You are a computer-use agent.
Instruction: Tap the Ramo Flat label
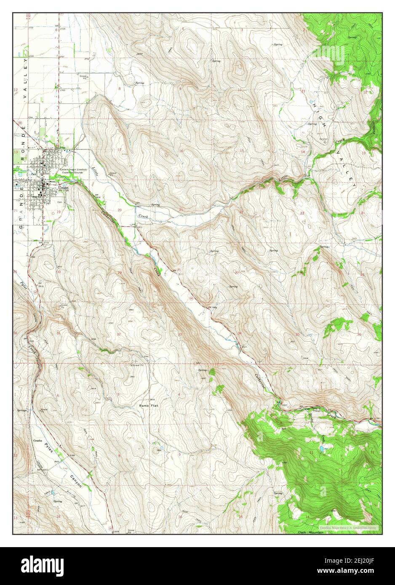[148, 405]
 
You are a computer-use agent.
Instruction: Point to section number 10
[240, 90]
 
